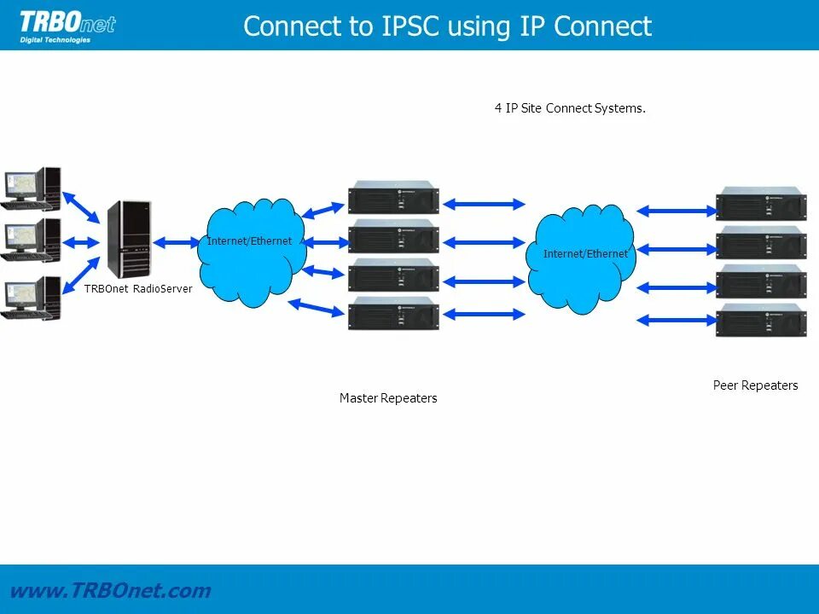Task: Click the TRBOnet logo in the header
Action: click(x=67, y=27)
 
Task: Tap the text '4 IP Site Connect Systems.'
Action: click(x=570, y=108)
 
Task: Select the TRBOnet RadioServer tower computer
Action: click(x=129, y=239)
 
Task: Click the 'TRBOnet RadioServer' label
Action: click(x=138, y=289)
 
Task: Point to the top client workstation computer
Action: click(x=31, y=188)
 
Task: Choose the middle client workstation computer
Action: click(x=31, y=240)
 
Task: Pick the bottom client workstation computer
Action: click(x=31, y=298)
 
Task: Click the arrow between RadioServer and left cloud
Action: click(x=177, y=242)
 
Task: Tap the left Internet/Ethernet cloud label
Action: click(x=249, y=240)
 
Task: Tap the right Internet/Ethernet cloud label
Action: click(x=585, y=254)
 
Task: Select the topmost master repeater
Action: click(x=394, y=197)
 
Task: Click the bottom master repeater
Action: click(x=394, y=313)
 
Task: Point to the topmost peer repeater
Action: click(x=761, y=204)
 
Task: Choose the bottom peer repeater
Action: click(x=761, y=320)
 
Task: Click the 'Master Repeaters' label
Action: click(x=388, y=398)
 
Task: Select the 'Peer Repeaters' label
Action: click(x=755, y=385)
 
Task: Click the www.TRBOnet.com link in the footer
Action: click(x=110, y=590)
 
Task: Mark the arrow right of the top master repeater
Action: click(x=484, y=204)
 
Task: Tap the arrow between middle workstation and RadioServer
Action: click(x=80, y=242)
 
